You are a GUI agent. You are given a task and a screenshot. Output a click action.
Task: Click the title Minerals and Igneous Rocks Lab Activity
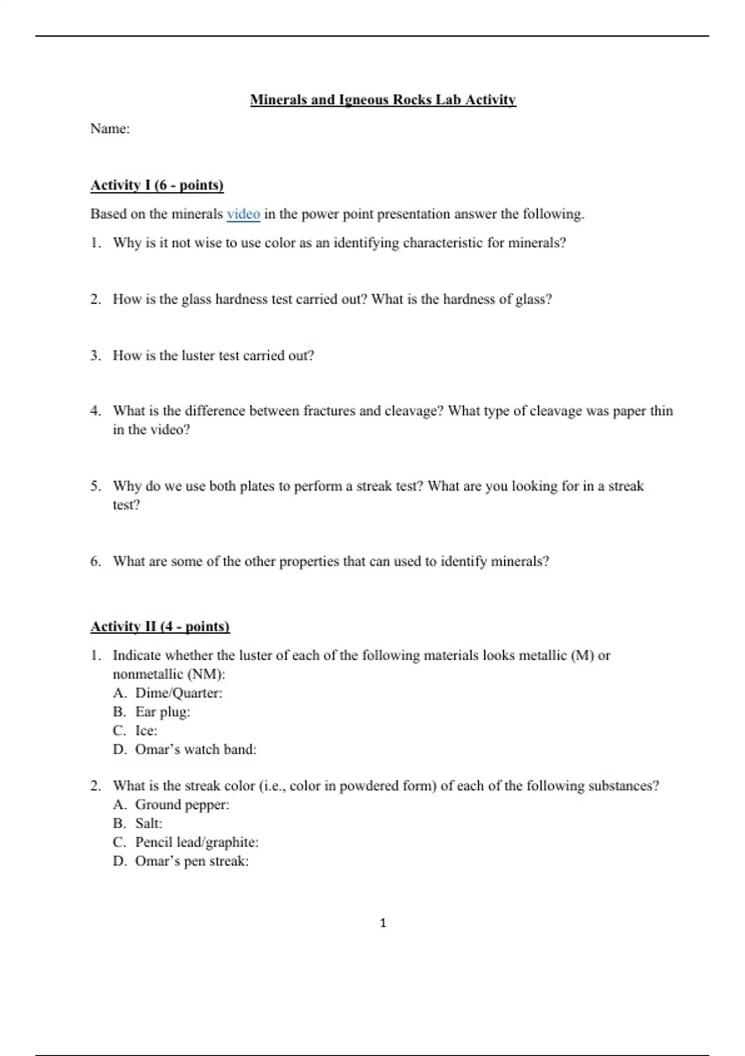pyautogui.click(x=382, y=100)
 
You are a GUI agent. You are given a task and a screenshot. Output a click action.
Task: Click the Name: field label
pyautogui.click(x=110, y=129)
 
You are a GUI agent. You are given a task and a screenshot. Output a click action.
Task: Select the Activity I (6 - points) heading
pyautogui.click(x=157, y=185)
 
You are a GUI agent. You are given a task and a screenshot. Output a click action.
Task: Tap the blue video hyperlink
pyautogui.click(x=243, y=214)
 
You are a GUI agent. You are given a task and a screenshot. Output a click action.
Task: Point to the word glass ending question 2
pyautogui.click(x=533, y=299)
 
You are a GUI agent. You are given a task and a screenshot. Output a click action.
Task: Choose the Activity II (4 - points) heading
pyautogui.click(x=160, y=626)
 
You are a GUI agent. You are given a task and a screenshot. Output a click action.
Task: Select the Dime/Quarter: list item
pyautogui.click(x=178, y=693)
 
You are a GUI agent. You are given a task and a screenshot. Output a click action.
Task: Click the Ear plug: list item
pyautogui.click(x=163, y=712)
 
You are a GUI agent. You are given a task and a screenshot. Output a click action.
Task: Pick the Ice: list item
pyautogui.click(x=147, y=731)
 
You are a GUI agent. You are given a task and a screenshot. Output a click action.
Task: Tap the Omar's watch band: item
pyautogui.click(x=196, y=749)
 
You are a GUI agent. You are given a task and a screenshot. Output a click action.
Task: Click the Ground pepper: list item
pyautogui.click(x=182, y=804)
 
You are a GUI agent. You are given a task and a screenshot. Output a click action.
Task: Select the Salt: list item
pyautogui.click(x=148, y=823)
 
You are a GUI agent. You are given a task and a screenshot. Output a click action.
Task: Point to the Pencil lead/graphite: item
pyautogui.click(x=197, y=842)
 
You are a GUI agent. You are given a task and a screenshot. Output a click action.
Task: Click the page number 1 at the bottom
pyautogui.click(x=383, y=923)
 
